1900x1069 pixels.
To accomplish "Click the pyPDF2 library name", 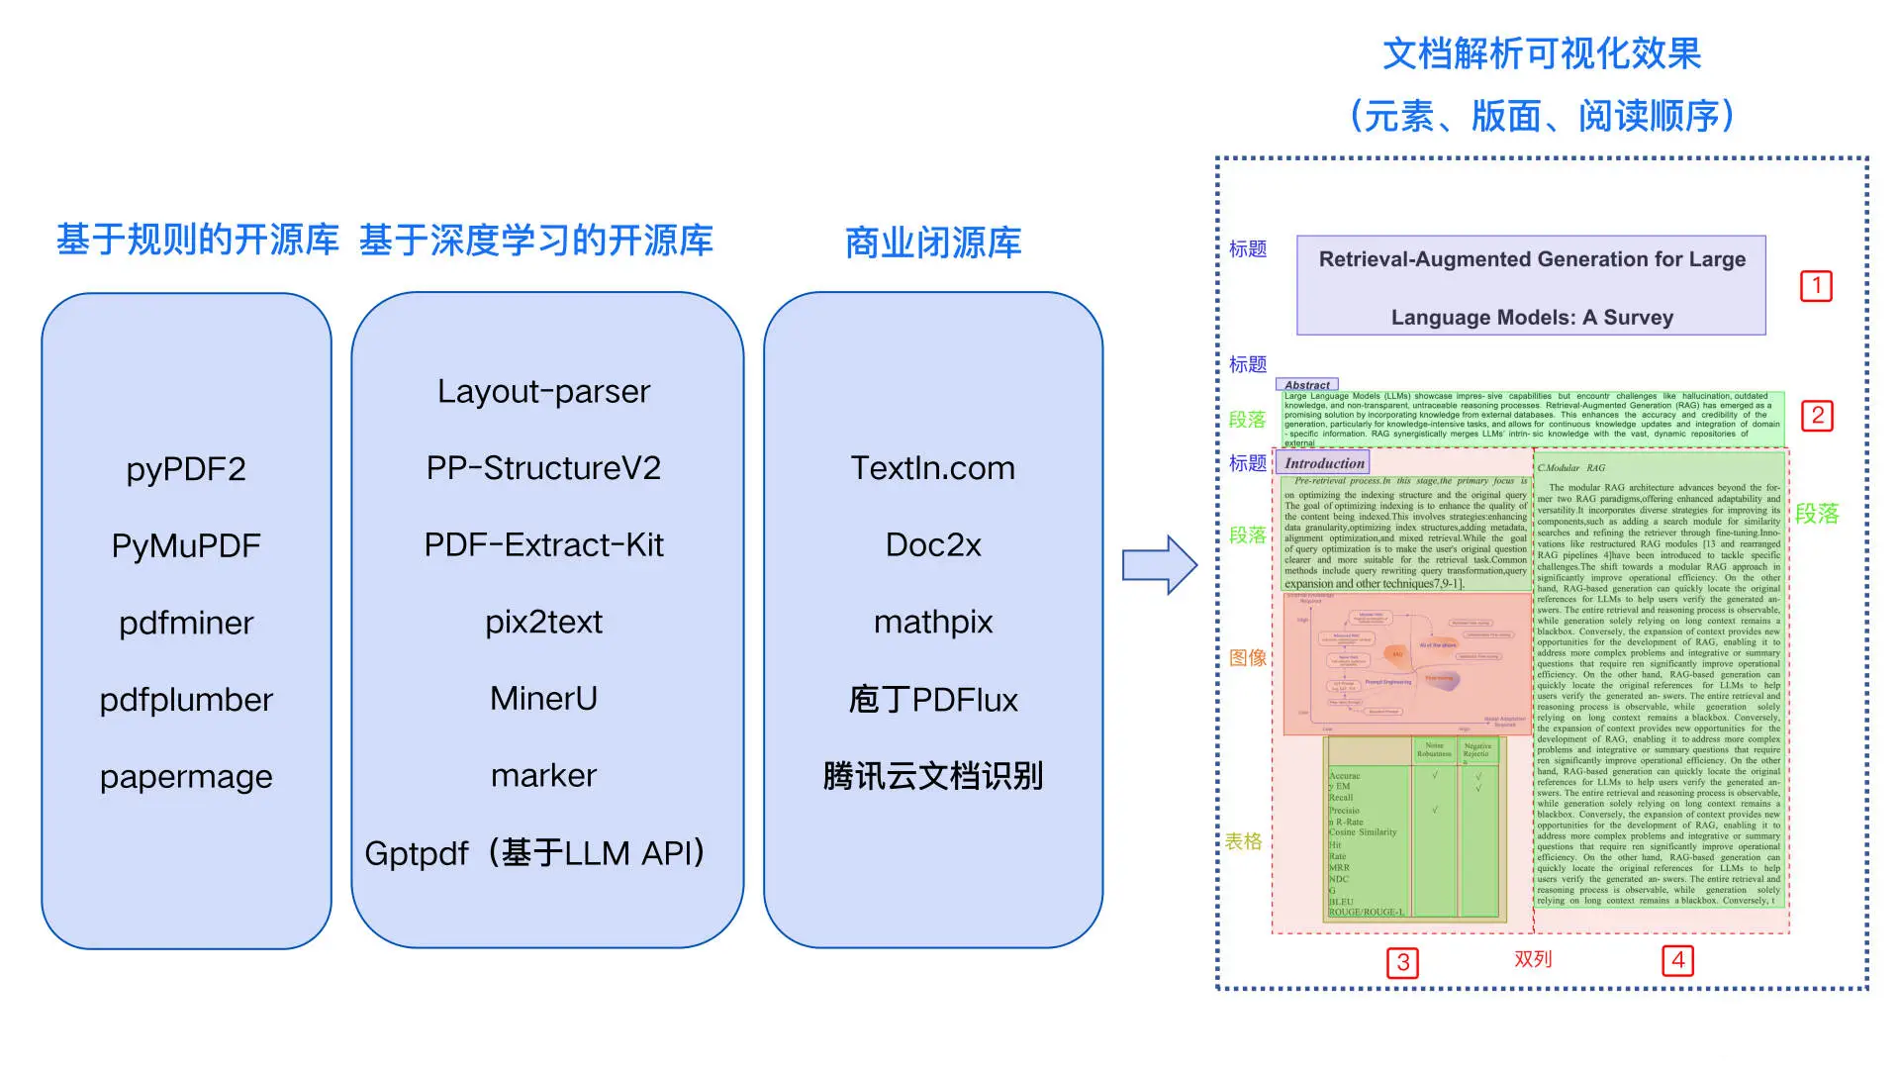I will pos(186,468).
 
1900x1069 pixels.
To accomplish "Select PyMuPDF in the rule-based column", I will pos(186,545).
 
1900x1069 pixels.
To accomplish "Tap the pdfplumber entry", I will pos(186,700).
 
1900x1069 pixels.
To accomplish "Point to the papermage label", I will pos(186,777).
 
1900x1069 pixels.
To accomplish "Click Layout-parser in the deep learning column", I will pos(543,391).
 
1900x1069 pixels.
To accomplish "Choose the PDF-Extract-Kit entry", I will pos(543,544).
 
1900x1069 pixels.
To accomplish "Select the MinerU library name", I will pos(543,699).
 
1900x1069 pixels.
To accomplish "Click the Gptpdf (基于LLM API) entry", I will pos(535,852).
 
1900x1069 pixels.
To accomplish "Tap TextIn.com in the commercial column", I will pos(932,468).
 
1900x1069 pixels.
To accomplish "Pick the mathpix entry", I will pos(932,622).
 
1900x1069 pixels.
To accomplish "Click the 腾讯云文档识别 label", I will pos(932,776).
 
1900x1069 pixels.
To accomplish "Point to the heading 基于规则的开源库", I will pos(197,240).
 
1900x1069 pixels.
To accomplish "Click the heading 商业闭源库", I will pos(932,243).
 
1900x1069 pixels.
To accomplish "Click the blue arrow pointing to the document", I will pos(1159,565).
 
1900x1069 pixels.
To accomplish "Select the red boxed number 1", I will pos(1816,286).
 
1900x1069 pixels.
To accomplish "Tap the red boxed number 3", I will pos(1402,962).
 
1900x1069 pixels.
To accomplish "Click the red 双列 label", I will pos(1533,959).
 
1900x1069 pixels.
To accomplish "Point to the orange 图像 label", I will pos(1247,658).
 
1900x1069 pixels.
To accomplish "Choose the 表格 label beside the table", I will pos(1243,841).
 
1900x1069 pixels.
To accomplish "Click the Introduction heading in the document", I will pos(1324,463).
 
